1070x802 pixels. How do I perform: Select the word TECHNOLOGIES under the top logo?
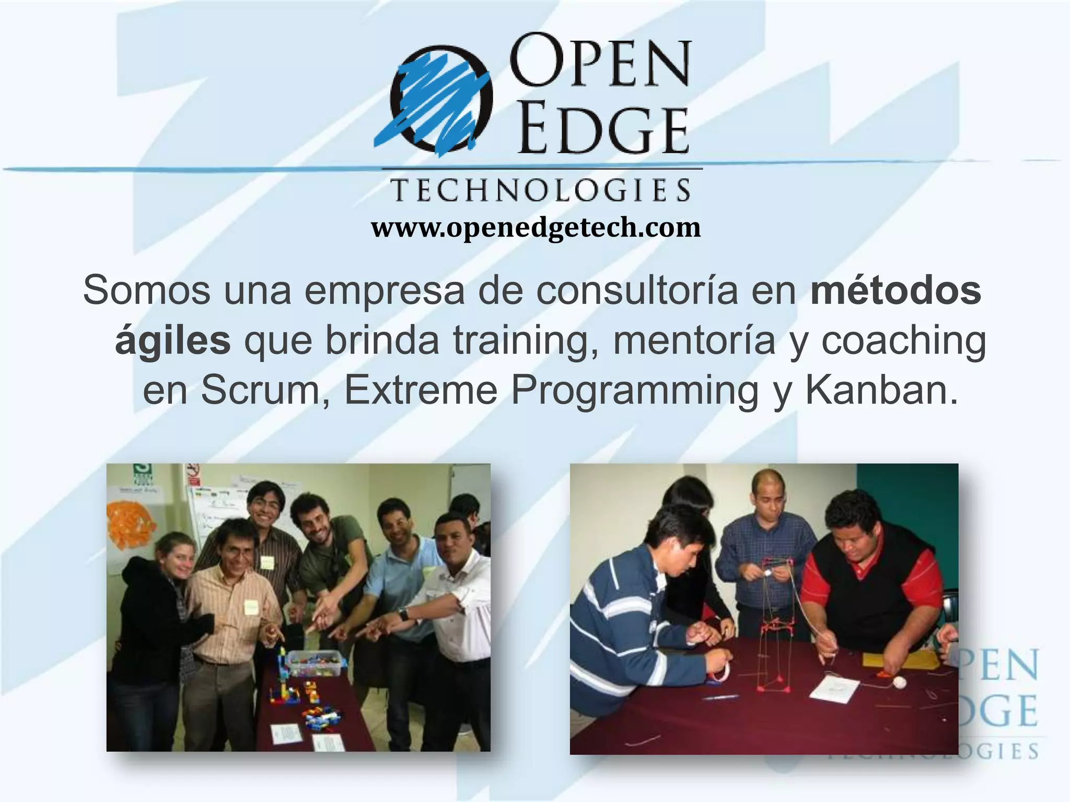click(x=541, y=190)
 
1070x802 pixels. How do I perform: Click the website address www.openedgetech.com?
click(x=536, y=228)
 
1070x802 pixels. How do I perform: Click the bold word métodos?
click(x=895, y=290)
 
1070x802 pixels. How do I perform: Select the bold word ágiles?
click(x=172, y=340)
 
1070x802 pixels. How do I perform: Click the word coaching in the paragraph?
click(x=904, y=340)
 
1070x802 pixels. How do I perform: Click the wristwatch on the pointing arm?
click(x=403, y=615)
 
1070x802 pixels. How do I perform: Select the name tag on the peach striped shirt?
click(x=251, y=607)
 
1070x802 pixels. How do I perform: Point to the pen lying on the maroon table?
click(x=721, y=698)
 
